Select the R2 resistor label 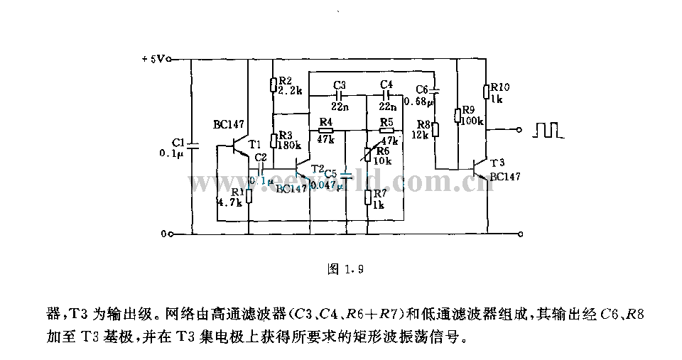tap(284, 81)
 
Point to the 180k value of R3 tap(289, 145)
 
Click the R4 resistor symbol tap(326, 131)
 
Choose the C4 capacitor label tap(386, 84)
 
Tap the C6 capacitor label tap(423, 89)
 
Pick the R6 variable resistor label tap(382, 151)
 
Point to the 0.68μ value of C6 tap(418, 102)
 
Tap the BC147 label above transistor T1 tap(227, 124)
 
